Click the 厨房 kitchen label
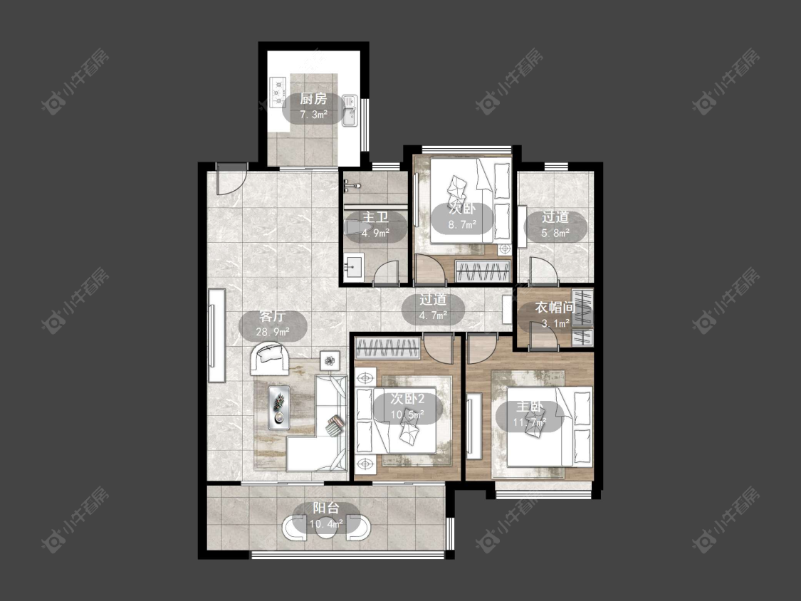pyautogui.click(x=313, y=99)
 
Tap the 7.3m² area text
pyautogui.click(x=313, y=115)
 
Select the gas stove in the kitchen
pyautogui.click(x=278, y=92)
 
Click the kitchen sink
pyautogui.click(x=350, y=110)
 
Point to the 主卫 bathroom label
pyautogui.click(x=375, y=217)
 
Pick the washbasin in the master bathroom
pyautogui.click(x=353, y=266)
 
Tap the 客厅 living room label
pyautogui.click(x=273, y=316)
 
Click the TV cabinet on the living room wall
pyautogui.click(x=216, y=336)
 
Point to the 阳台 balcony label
pyautogui.click(x=326, y=508)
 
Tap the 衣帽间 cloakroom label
pyautogui.click(x=555, y=307)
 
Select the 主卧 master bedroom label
pyautogui.click(x=530, y=407)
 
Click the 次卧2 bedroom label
pyautogui.click(x=407, y=399)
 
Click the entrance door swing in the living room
pyautogui.click(x=231, y=179)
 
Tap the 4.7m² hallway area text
pyautogui.click(x=433, y=315)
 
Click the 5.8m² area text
pyautogui.click(x=555, y=233)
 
